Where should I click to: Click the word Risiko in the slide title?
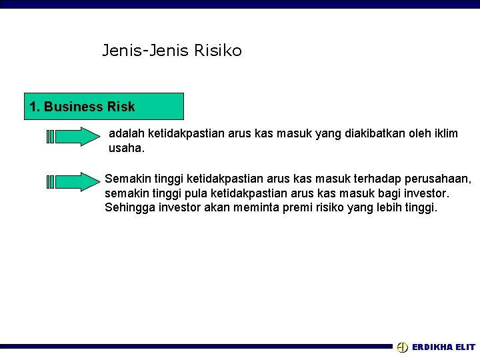point(219,50)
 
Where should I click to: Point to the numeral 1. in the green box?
point(35,107)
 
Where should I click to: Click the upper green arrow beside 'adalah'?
point(73,136)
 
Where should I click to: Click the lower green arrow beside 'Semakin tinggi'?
point(73,181)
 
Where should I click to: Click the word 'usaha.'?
point(126,148)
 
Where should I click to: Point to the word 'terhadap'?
point(363,179)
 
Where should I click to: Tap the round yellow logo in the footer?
point(402,347)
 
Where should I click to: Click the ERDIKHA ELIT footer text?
point(443,347)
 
